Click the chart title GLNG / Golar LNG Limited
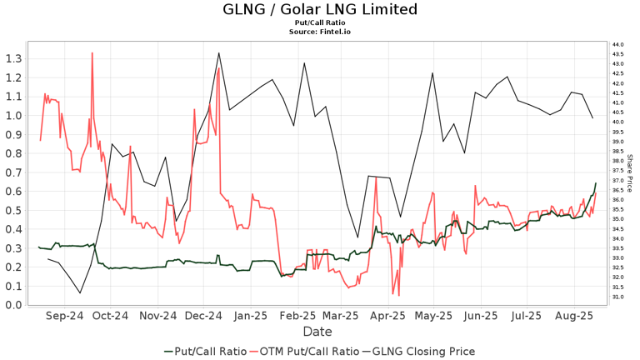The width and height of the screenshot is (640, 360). pos(320,10)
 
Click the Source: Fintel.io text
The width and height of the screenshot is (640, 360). pos(320,32)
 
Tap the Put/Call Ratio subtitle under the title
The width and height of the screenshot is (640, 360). pos(320,23)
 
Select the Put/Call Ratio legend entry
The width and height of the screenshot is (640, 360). pos(207,351)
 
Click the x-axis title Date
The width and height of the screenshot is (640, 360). pos(317,332)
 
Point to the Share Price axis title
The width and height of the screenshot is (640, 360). pos(630,172)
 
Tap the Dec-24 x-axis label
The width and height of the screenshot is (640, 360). pos(203,316)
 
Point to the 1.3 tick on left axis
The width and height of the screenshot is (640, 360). pos(12,58)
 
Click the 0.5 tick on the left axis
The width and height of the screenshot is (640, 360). pos(12,210)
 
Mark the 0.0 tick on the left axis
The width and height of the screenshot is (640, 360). pos(12,305)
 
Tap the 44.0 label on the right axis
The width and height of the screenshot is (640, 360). pos(618,44)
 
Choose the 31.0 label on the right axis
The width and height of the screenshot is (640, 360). pos(618,297)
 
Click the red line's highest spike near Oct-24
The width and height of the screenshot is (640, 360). pos(92,53)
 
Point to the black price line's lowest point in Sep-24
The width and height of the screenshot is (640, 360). pos(80,292)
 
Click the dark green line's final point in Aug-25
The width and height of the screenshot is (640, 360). pos(596,183)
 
